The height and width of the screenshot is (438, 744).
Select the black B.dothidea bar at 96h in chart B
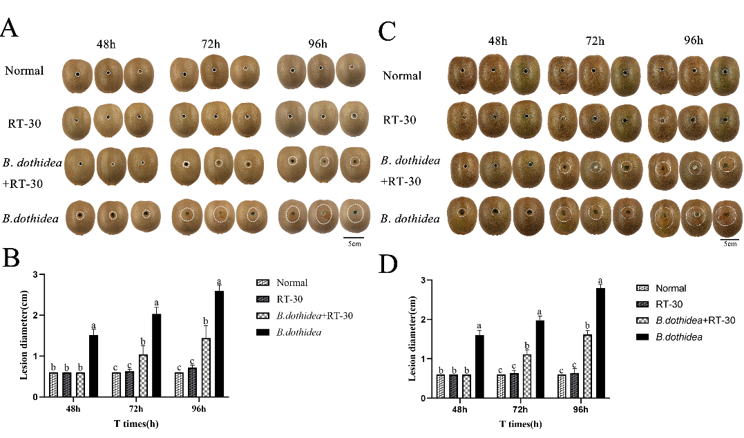coord(219,344)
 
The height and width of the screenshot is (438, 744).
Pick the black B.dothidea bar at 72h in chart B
coord(156,356)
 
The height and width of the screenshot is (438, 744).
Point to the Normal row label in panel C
coord(402,75)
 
